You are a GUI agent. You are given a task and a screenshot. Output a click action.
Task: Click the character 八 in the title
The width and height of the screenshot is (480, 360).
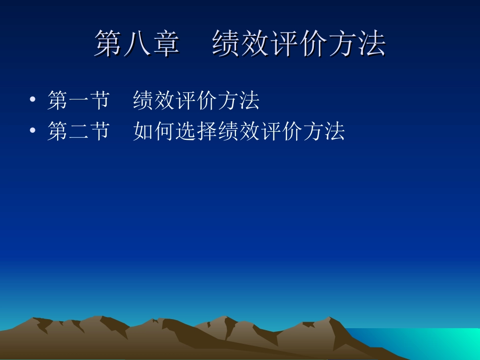point(137,43)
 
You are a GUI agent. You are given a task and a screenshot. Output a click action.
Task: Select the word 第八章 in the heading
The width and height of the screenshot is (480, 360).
point(137,43)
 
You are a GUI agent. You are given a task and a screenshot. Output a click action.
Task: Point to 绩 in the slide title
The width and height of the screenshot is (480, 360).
point(226,43)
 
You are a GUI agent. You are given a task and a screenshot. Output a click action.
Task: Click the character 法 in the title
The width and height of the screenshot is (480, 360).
point(372,43)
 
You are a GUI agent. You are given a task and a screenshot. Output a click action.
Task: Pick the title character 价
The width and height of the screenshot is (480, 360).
point(314,43)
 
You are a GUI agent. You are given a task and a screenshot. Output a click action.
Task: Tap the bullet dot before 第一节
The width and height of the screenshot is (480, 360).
point(33,100)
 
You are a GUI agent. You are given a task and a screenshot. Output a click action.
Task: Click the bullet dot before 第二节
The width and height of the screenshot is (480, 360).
point(33,131)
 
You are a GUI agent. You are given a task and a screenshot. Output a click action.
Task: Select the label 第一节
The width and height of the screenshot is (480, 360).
point(78,100)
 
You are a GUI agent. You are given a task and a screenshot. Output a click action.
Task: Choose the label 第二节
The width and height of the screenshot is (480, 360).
point(78,131)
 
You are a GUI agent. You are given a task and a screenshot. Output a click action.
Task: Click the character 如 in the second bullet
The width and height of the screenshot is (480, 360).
point(143,131)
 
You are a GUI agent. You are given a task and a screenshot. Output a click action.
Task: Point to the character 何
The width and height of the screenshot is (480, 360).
point(165,131)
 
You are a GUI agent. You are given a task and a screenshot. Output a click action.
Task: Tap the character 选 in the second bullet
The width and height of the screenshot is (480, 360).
point(186,131)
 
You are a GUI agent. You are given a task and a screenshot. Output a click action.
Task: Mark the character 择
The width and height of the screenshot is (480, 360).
point(207,131)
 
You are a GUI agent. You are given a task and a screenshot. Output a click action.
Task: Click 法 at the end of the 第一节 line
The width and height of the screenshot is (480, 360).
point(250,100)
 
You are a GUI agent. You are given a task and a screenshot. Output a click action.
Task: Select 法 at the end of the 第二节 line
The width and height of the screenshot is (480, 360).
point(334,131)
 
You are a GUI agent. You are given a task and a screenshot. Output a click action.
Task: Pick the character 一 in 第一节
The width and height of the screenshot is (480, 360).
point(78,100)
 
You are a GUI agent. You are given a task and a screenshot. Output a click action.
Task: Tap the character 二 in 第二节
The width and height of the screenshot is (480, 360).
point(78,131)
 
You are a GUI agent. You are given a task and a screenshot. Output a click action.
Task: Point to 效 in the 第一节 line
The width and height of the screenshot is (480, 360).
point(165,100)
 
